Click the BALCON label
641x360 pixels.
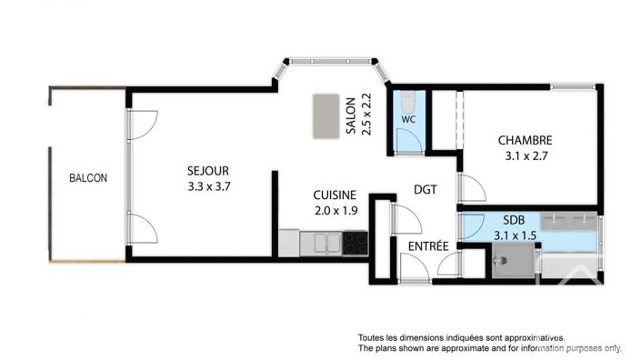click(x=88, y=178)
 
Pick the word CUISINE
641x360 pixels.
click(x=335, y=195)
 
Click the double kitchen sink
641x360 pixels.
click(x=327, y=244)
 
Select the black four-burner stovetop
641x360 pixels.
click(x=355, y=244)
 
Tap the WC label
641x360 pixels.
click(x=408, y=119)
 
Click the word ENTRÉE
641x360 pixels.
click(x=426, y=246)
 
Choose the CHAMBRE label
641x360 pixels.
click(x=525, y=141)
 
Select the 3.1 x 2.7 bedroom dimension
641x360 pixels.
click(x=525, y=156)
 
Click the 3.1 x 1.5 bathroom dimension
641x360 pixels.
click(x=515, y=235)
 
